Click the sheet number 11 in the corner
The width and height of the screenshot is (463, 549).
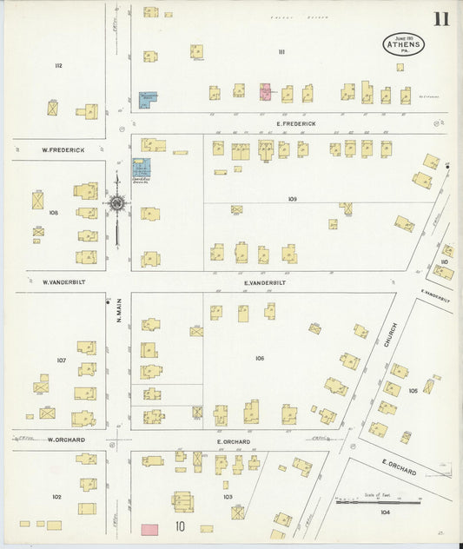(440, 19)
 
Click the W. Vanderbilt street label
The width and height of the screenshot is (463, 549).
(62, 282)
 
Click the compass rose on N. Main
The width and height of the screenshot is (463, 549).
(116, 204)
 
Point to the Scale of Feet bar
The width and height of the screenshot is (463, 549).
(378, 501)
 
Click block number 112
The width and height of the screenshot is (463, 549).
(58, 65)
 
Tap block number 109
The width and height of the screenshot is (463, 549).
(293, 199)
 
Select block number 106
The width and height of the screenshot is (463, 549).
(260, 358)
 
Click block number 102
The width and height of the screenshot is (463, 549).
(56, 497)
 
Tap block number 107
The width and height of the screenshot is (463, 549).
(61, 360)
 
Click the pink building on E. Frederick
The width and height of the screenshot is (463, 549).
(265, 91)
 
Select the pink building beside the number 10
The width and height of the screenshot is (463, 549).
(149, 528)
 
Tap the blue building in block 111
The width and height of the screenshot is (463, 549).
(148, 100)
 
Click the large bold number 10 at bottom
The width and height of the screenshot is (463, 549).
(180, 526)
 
